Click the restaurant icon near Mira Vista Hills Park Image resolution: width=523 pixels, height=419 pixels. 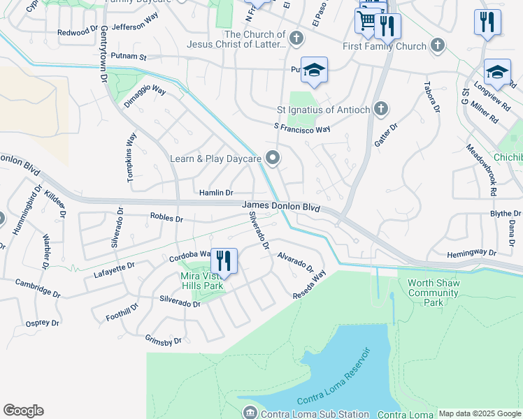pos(224,261)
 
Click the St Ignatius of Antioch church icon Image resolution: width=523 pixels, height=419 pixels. pos(380,109)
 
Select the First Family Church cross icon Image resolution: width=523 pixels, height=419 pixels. pos(437,46)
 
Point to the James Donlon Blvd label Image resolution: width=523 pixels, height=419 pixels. pos(281,207)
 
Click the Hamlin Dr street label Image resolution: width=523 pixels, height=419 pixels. pos(216,192)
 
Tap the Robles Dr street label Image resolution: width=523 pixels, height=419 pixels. pos(166,218)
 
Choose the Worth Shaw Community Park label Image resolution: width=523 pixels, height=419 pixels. pos(432,293)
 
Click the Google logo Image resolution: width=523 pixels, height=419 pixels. pos(23,411)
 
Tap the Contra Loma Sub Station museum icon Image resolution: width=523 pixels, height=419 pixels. pos(249,413)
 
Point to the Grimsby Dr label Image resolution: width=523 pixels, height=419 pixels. pos(163,340)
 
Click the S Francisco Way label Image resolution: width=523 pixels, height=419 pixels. pos(302,128)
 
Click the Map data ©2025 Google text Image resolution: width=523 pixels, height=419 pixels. pos(480,413)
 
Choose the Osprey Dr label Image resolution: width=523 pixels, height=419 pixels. pos(43,323)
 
